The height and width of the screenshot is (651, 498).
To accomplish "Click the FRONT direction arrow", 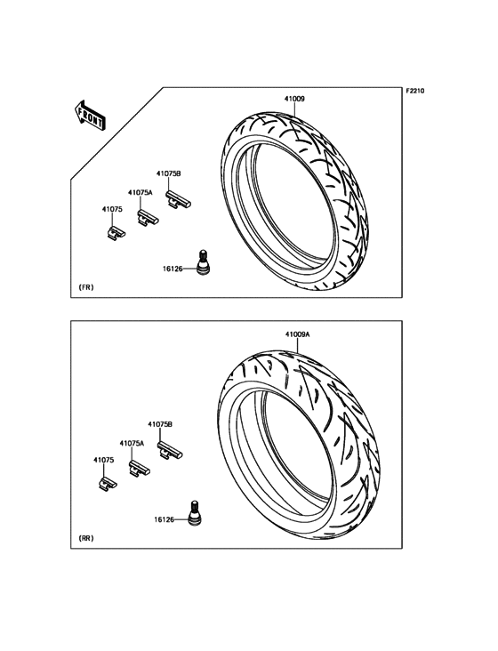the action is pos(90,116).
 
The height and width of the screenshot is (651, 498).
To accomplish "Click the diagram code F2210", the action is pos(415,91).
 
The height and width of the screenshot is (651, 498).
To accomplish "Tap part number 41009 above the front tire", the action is pos(294,99).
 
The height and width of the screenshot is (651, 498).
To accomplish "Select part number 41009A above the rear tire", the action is pos(297,334).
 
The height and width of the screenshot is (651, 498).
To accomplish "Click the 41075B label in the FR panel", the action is pos(168,173).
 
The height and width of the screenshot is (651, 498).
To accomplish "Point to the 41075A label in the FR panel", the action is pos(141,192).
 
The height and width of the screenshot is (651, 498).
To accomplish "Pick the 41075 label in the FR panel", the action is pos(112,209).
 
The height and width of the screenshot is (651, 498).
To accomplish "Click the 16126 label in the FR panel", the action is pos(173,269).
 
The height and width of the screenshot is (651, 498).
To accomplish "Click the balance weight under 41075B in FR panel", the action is pos(179,198).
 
